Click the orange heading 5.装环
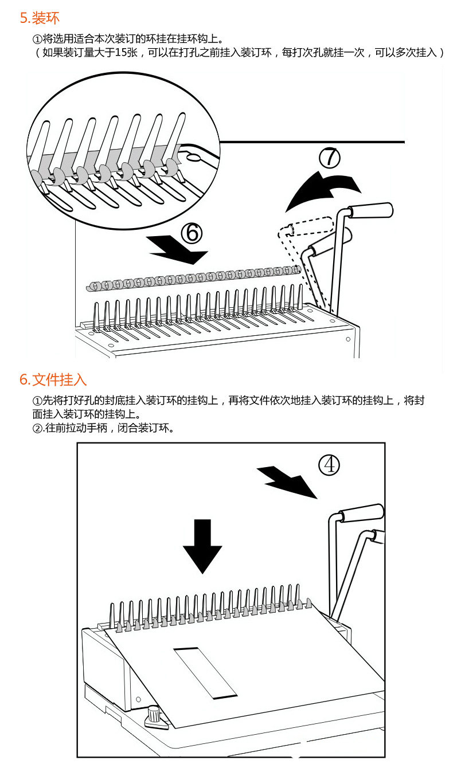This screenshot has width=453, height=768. coord(40,18)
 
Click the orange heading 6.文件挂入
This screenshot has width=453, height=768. coord(53,379)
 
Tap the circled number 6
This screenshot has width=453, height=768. coord(192,232)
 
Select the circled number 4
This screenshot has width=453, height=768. coord(329,465)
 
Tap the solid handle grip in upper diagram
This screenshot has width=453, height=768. coord(372,210)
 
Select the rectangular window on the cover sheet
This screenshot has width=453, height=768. coord(205,672)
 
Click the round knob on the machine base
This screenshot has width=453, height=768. coord(154,714)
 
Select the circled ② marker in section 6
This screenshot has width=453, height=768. coord(37,429)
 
